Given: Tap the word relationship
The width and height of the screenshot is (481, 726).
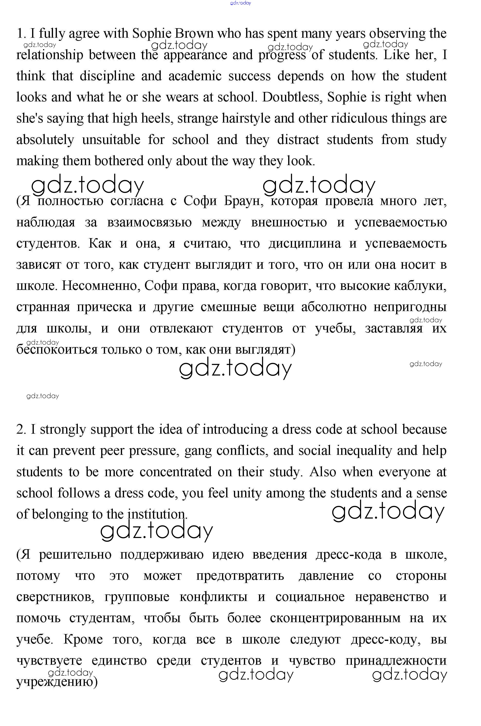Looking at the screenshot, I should (x=50, y=55).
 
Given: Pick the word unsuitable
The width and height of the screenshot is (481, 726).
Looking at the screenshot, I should (x=111, y=140).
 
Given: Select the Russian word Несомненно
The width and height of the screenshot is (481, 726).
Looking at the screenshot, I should (x=101, y=286).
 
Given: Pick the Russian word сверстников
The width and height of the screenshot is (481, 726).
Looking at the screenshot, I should (x=55, y=597).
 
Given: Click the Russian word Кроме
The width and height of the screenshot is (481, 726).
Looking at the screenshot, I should (x=83, y=639).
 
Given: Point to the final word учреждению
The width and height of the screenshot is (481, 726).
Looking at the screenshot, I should (x=56, y=682).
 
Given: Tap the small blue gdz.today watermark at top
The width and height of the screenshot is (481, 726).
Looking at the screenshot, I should (x=240, y=3).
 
